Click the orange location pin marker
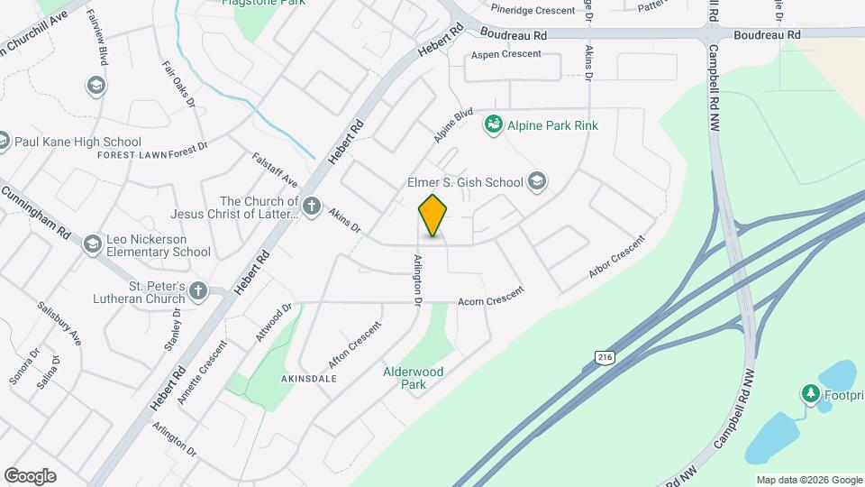tap(433, 216)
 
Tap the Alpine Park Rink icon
tap(493, 124)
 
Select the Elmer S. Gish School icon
tap(538, 182)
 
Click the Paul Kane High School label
tap(77, 142)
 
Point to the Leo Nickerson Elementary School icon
tap(92, 244)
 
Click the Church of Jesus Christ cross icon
tap(312, 207)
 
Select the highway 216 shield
tap(604, 358)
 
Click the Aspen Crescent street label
tap(509, 54)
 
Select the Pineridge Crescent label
tap(533, 11)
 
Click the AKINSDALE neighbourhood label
tap(308, 379)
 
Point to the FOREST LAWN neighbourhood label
tap(130, 154)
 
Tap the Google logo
tap(30, 475)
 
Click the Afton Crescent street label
tap(351, 345)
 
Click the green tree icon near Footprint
tap(810, 393)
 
